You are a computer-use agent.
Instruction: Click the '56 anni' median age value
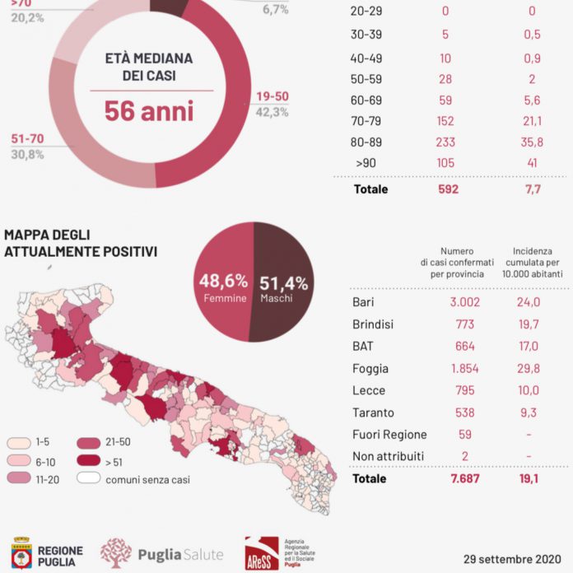click(x=149, y=111)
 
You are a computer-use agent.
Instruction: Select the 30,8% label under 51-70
click(x=27, y=154)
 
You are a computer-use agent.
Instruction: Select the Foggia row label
click(x=370, y=369)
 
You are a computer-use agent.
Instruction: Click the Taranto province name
click(x=373, y=412)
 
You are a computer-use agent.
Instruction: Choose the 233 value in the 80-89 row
click(x=445, y=141)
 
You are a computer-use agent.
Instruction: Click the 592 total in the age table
click(x=445, y=189)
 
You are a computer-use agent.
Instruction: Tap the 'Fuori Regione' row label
click(x=389, y=434)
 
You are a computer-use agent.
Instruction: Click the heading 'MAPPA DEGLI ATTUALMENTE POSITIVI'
click(x=80, y=242)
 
